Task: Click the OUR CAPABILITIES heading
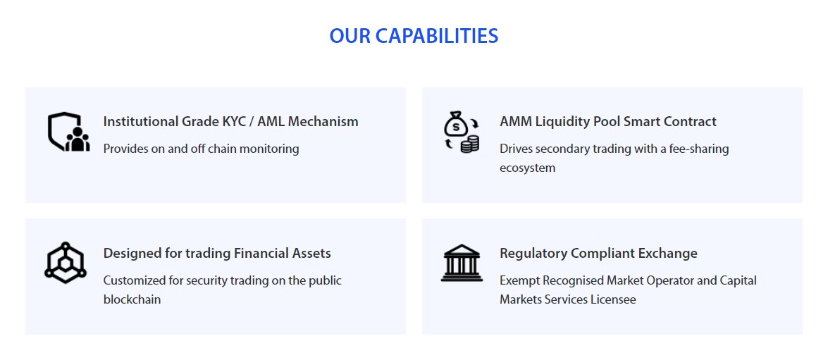[414, 36]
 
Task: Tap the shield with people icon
[68, 132]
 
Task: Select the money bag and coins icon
[461, 132]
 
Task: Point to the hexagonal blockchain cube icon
[65, 262]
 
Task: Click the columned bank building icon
[462, 263]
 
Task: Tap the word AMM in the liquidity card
[516, 121]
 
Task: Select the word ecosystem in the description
[528, 168]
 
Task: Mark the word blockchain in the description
[132, 299]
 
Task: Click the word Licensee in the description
[614, 299]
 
